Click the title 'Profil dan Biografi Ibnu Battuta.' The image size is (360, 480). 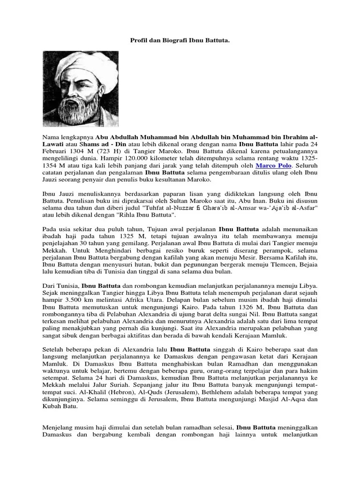tap(180, 41)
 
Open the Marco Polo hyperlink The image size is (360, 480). tap(274, 165)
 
